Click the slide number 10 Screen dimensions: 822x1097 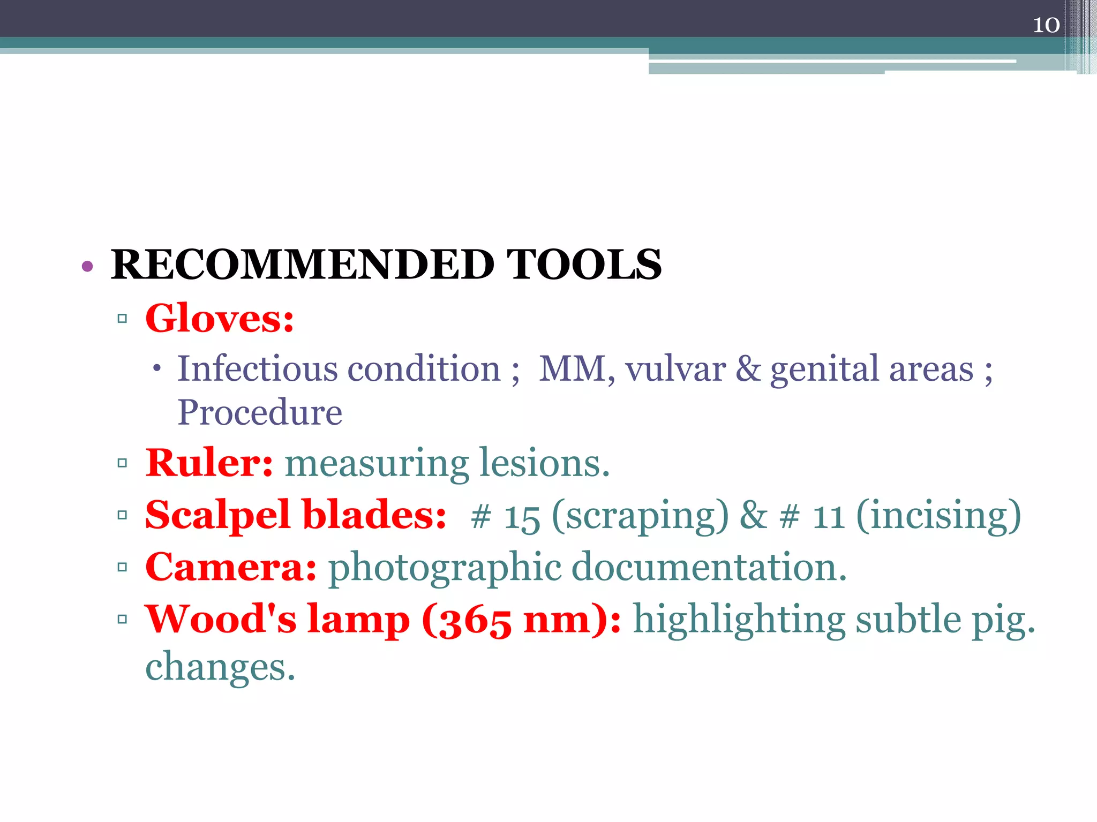1046,25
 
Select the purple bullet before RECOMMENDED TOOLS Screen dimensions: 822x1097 87,266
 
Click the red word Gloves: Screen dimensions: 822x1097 220,318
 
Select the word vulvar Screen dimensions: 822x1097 675,369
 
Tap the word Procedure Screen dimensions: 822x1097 260,412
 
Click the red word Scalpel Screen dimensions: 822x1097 217,515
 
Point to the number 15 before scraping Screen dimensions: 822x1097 522,517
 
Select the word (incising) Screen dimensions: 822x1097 938,515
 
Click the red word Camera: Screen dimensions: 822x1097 231,567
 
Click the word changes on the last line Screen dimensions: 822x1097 220,668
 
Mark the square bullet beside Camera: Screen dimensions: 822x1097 122,567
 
